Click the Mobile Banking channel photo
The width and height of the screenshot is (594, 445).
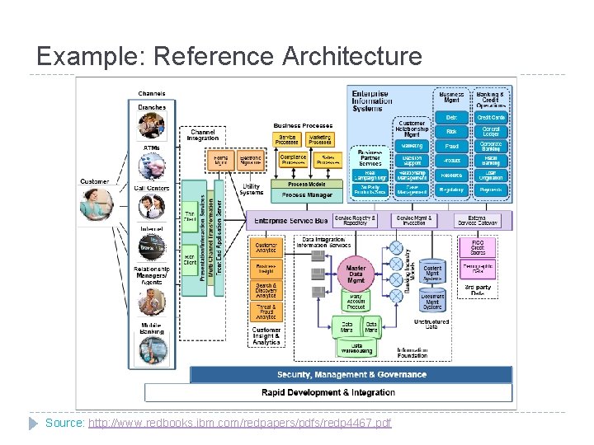152,346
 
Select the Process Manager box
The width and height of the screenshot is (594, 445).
308,195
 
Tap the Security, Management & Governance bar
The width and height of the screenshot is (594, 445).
351,374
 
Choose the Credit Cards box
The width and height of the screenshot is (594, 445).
492,118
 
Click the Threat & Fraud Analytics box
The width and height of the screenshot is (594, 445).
266,311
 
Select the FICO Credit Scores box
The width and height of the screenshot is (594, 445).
478,246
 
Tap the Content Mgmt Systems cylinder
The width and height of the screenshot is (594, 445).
432,272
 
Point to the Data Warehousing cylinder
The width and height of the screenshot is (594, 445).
357,349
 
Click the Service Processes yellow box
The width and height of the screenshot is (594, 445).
287,140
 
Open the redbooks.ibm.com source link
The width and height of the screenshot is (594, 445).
239,423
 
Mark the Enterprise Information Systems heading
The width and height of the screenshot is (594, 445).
381,101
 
